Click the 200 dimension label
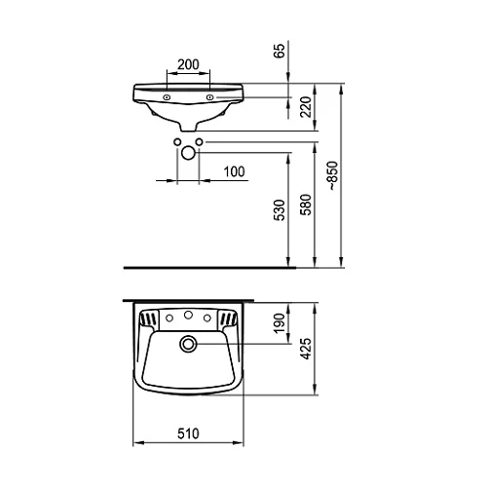click(188, 64)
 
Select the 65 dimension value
click(280, 51)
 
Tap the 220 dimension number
click(306, 107)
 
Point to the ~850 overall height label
click(333, 175)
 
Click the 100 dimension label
click(234, 171)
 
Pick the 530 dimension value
click(280, 210)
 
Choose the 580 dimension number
click(306, 205)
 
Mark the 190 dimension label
click(280, 323)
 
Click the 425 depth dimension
click(306, 349)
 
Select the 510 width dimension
click(188, 433)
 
